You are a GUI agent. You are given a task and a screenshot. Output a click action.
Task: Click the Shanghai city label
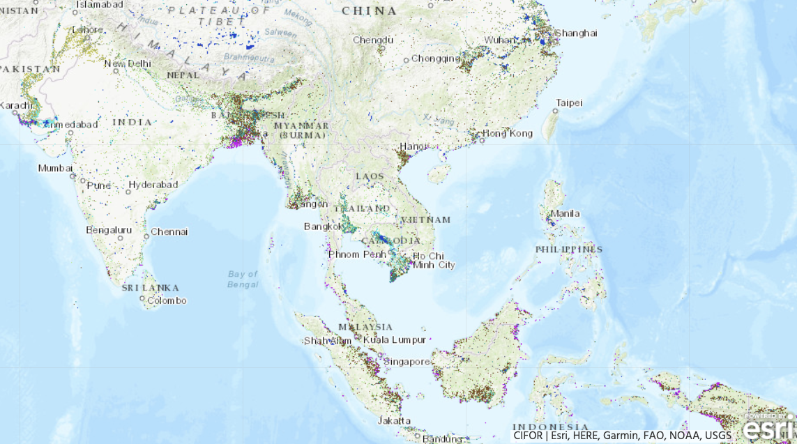pyautogui.click(x=576, y=33)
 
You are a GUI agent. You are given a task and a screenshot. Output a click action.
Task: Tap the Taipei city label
pyautogui.click(x=569, y=103)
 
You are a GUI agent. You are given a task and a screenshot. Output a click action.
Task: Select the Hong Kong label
pyautogui.click(x=507, y=133)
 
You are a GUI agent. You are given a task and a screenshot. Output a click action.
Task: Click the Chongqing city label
pyautogui.click(x=436, y=59)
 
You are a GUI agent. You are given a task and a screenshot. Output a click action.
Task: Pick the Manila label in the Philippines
pyautogui.click(x=565, y=213)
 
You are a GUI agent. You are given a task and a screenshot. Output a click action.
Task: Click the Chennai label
pyautogui.click(x=169, y=231)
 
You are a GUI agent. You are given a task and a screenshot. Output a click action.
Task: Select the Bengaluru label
pyautogui.click(x=109, y=229)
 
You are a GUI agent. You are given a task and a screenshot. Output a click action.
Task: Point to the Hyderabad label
pyautogui.click(x=153, y=185)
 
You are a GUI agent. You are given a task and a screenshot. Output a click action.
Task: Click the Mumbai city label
pyautogui.click(x=55, y=168)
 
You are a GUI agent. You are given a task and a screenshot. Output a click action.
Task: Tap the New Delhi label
pyautogui.click(x=128, y=63)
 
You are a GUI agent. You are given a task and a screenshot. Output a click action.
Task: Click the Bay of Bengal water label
pyautogui.click(x=243, y=279)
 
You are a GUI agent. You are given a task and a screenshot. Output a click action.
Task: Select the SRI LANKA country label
pyautogui.click(x=150, y=287)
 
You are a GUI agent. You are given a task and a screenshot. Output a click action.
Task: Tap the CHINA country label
pyautogui.click(x=370, y=11)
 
